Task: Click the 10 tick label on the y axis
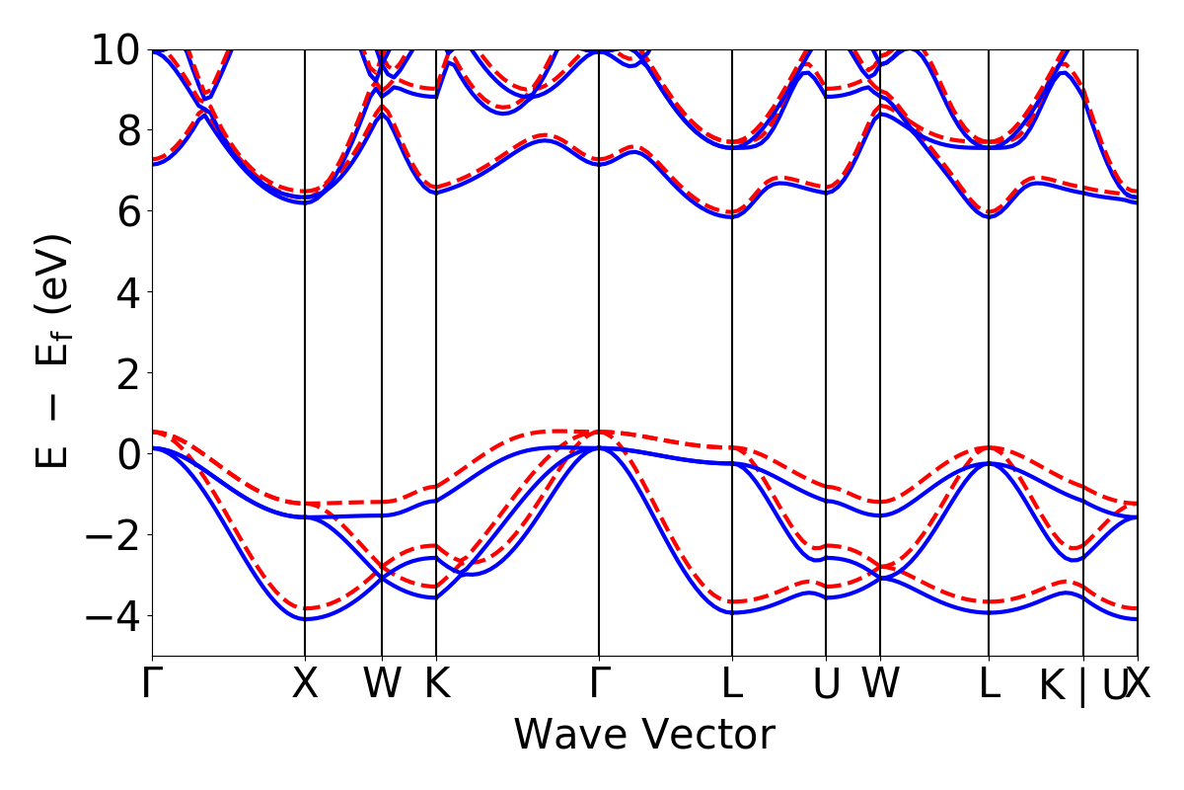(x=119, y=49)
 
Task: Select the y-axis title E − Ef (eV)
(x=57, y=351)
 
